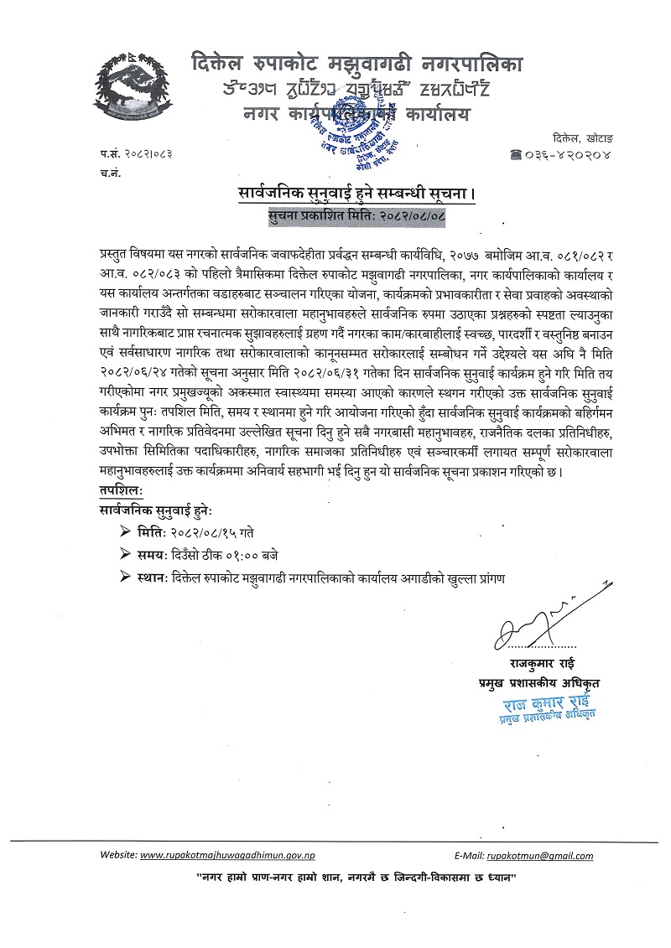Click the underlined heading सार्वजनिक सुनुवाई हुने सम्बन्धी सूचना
click(356, 196)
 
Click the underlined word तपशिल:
click(120, 489)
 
